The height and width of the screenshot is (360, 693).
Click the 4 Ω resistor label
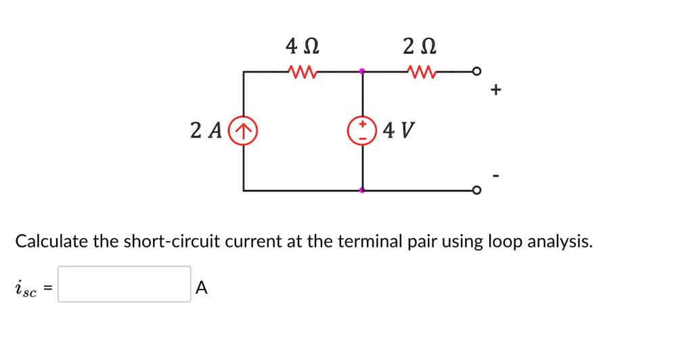point(303,47)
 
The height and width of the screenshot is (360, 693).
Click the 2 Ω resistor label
point(419,47)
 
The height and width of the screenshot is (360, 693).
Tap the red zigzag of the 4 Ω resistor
point(299,70)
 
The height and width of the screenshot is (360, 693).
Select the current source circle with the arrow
point(244,130)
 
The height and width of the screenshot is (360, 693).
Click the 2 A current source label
point(206,130)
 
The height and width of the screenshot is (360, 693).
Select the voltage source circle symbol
point(362,130)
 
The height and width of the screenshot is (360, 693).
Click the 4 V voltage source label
point(398,129)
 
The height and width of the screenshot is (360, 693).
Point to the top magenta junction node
point(362,70)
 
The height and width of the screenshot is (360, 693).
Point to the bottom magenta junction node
point(362,190)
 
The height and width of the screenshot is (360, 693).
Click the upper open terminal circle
point(477,70)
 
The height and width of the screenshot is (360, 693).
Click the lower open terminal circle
point(477,190)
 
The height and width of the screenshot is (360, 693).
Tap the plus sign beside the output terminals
point(497,90)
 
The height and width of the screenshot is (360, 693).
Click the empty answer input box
point(124,284)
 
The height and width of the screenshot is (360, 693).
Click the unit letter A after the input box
point(201,288)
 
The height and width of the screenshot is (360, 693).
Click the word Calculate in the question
point(51,241)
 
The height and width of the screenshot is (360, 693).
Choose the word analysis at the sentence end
point(560,242)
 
